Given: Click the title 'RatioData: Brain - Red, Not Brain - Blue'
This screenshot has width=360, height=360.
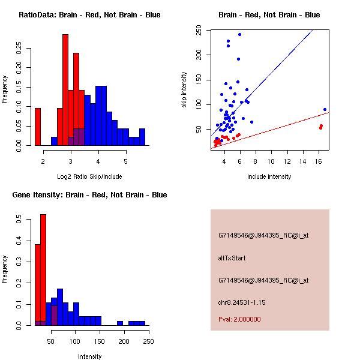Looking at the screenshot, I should [89, 15].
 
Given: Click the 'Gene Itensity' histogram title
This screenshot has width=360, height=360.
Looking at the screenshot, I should [89, 195].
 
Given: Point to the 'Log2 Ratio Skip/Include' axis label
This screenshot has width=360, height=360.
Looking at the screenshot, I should [89, 176].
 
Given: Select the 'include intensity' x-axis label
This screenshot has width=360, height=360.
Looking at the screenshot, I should [269, 176].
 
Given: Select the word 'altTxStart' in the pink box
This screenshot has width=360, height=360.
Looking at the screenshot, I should [232, 259].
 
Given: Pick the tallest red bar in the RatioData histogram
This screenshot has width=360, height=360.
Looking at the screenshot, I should [65, 90].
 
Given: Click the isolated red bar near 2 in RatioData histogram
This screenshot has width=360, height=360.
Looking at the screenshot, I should [38, 127].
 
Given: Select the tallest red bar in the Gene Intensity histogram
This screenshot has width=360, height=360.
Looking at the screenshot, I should [43, 270].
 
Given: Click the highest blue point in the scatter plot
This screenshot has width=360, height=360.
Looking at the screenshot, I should [239, 34].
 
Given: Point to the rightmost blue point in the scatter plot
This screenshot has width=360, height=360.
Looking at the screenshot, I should [325, 110].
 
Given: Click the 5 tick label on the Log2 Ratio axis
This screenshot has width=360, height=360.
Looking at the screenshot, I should [126, 161].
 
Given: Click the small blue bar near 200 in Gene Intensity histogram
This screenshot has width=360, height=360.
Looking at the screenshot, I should [120, 323].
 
